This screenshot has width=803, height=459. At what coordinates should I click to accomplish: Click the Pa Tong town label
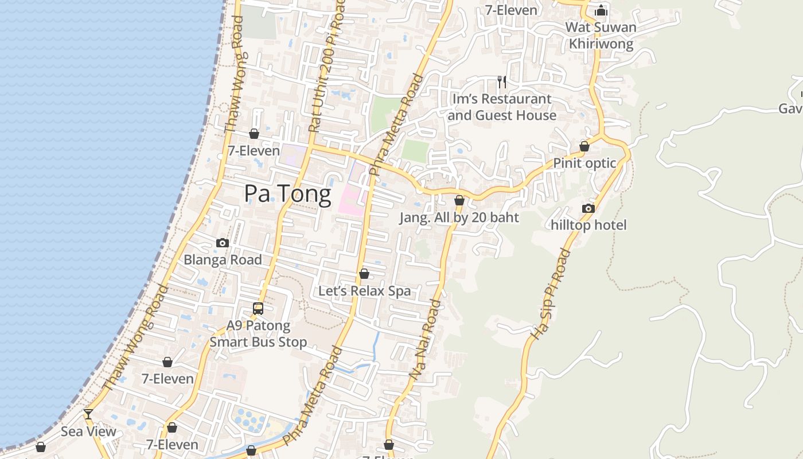287,195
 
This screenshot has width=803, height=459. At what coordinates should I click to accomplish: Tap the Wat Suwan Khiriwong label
601,36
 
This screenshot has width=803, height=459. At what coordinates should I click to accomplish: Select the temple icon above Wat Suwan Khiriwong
601,10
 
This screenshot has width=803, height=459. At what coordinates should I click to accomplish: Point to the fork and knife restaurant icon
502,82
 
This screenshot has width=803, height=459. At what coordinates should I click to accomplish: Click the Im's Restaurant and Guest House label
502,107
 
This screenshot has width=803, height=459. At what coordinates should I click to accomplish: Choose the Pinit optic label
584,164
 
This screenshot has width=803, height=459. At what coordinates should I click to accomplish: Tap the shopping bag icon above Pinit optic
584,147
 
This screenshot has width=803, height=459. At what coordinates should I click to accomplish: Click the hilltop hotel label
588,225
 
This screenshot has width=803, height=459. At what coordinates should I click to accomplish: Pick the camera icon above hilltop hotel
588,209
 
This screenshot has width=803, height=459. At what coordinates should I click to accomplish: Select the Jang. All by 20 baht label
459,218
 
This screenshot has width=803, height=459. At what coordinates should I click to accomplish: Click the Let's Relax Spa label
364,291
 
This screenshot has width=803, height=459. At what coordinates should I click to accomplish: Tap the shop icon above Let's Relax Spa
364,274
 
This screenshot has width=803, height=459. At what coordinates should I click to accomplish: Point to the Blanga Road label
223,260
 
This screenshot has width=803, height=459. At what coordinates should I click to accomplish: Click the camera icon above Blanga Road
223,243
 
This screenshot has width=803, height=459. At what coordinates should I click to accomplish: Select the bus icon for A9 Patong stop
258,309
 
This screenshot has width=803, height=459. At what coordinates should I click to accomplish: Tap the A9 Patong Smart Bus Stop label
258,334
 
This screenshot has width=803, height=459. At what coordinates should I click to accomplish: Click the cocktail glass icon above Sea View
88,414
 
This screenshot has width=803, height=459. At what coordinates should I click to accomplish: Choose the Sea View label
88,431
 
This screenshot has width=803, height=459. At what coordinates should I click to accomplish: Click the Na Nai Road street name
426,339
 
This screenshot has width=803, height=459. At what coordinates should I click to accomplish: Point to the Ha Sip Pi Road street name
551,294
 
